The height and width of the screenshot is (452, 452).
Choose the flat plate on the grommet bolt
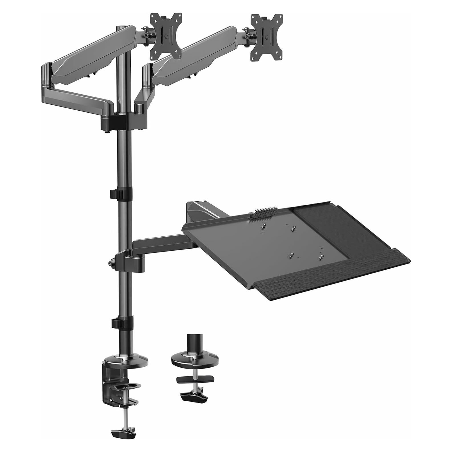tap(195, 380)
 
